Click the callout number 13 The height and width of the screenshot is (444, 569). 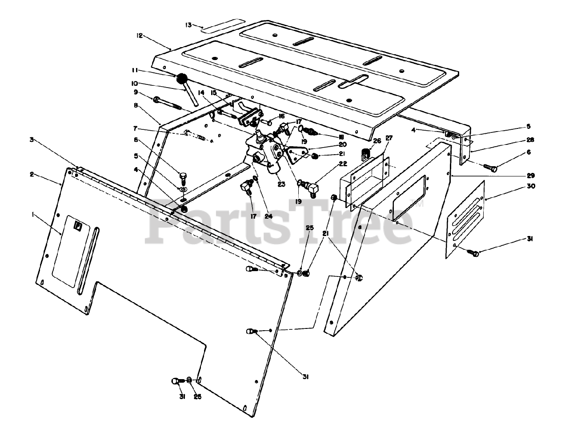tap(188, 25)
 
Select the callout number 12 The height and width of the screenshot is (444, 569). tap(140, 36)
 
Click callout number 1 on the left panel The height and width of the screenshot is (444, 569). tap(33, 215)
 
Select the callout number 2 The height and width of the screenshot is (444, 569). tap(32, 174)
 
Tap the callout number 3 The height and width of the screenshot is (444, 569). tap(32, 140)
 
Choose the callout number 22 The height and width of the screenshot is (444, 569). tap(343, 164)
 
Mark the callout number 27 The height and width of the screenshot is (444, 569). tap(389, 138)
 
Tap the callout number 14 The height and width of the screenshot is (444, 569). tap(201, 93)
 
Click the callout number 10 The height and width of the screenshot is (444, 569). tap(135, 83)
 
